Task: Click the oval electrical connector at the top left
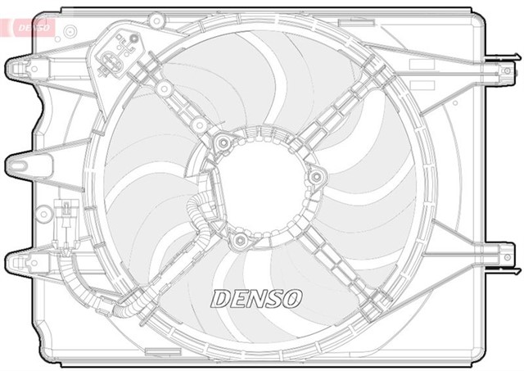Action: tap(113, 60)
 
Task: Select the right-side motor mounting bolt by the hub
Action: tap(315, 177)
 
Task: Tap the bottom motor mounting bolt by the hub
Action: tap(239, 241)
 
